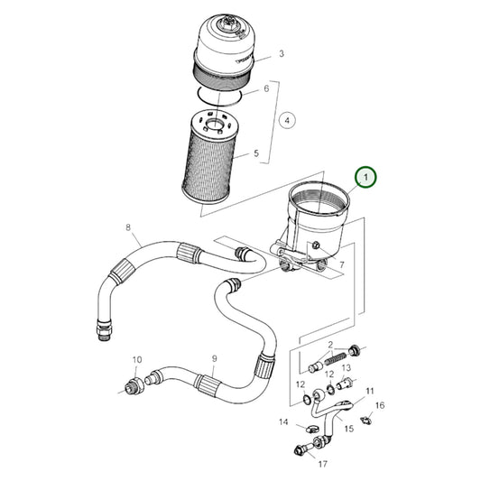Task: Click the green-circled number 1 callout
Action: pos(366,178)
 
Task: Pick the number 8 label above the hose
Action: pos(128,227)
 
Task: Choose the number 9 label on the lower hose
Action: pos(214,358)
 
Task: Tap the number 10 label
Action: pos(137,361)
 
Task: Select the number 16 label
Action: pos(380,406)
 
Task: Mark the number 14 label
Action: pos(282,421)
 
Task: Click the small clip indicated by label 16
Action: pos(365,421)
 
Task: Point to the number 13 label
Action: pos(346,368)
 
